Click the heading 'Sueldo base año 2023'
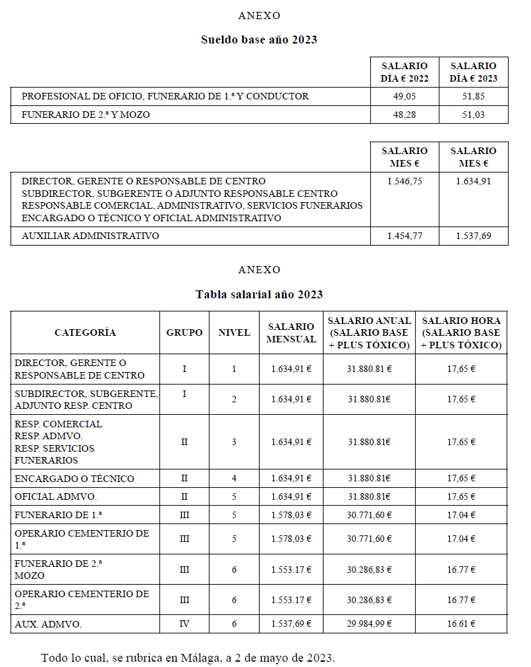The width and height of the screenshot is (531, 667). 259,40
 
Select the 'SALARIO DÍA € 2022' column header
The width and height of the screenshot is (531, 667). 405,72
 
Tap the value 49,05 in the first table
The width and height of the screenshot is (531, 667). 405,96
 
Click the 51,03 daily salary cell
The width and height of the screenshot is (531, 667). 473,115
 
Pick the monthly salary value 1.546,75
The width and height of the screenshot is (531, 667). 405,181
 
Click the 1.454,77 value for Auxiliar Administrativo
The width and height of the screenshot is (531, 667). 405,236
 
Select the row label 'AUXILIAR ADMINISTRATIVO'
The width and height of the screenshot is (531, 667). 90,236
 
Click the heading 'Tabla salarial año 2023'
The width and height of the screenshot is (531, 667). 259,294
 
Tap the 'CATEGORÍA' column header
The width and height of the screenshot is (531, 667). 85,333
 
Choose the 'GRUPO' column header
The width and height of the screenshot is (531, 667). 184,333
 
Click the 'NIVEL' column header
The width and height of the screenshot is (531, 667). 234,333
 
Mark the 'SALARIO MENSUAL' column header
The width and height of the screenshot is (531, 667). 291,333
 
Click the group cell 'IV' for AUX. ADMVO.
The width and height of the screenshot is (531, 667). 184,624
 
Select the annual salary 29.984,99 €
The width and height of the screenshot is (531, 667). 369,624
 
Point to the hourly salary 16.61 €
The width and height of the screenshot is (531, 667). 461,624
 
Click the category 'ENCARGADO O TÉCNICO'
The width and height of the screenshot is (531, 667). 74,479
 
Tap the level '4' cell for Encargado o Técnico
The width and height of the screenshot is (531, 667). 234,479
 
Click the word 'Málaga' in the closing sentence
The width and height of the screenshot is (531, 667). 196,658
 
